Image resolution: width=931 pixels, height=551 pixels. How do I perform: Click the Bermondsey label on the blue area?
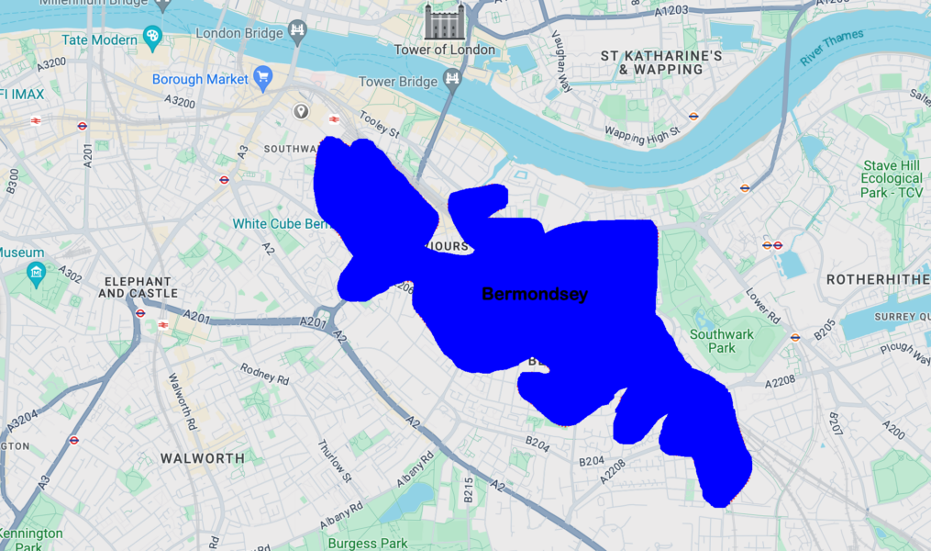coord(535,295)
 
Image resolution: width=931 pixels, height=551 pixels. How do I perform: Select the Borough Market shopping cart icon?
coord(263,78)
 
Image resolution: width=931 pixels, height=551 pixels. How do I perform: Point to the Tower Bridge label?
coord(397,82)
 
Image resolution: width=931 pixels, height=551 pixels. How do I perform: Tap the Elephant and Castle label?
coord(139,287)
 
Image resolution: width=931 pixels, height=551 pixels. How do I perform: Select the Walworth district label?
coord(203,457)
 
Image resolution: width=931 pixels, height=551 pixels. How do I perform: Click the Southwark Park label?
coord(722,341)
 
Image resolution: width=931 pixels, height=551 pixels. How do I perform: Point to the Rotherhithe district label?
coord(878,279)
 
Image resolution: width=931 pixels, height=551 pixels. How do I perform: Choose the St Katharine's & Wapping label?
coord(661,62)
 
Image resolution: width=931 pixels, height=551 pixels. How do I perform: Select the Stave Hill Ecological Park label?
coord(892,179)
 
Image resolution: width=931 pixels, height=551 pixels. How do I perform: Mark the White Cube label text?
coord(280,224)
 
